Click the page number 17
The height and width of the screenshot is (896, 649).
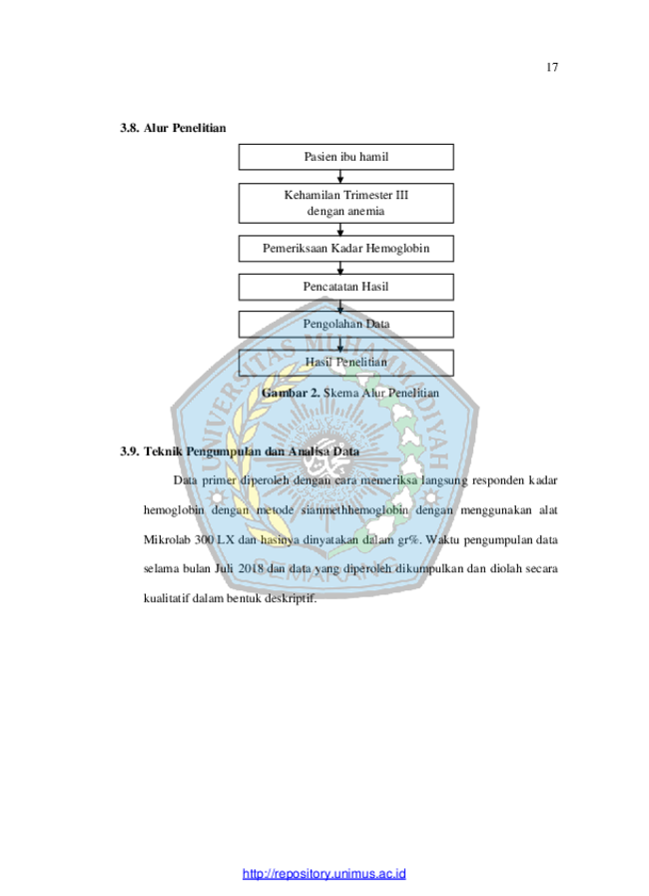click(552, 68)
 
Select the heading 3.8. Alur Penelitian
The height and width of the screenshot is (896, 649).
click(173, 128)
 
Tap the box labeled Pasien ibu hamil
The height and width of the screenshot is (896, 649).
click(346, 157)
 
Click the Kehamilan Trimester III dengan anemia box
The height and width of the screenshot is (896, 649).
click(346, 203)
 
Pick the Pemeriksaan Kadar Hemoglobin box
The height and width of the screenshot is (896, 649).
click(346, 249)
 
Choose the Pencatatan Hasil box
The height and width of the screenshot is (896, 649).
click(346, 287)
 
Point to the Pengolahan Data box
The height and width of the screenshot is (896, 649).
click(346, 324)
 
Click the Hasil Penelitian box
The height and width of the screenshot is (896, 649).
click(346, 363)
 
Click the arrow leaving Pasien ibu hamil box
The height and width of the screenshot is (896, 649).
click(340, 177)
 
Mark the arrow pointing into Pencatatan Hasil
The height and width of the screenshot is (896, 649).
click(340, 268)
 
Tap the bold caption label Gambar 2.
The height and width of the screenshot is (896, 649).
click(291, 394)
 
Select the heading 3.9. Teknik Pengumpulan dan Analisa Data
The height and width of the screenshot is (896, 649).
click(240, 451)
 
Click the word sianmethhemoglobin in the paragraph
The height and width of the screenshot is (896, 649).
click(354, 510)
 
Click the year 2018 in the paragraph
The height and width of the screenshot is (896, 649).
click(251, 568)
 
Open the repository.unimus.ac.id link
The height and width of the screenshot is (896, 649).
click(324, 874)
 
